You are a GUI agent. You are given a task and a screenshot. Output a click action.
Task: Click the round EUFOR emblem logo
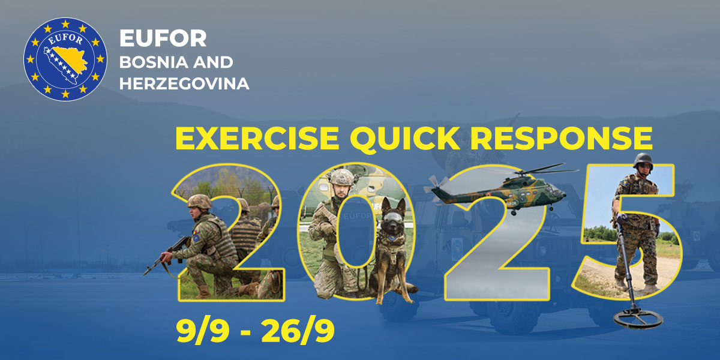[x=65, y=59]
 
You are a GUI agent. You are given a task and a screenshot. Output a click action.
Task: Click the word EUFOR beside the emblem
[x=163, y=38]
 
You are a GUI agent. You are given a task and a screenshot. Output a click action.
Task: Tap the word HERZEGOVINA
[x=184, y=83]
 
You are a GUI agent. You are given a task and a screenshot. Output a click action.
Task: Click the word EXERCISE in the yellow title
[x=257, y=138]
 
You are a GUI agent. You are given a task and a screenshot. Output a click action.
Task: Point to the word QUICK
[x=405, y=139]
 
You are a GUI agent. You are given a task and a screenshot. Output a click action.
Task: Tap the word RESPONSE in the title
[x=562, y=138]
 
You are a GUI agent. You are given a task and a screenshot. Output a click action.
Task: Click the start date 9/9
[x=203, y=331]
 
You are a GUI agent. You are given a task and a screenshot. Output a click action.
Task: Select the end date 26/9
[x=298, y=331]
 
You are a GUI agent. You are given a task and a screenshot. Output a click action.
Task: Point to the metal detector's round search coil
[x=638, y=319]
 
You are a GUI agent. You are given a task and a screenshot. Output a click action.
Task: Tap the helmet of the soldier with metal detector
[x=643, y=160]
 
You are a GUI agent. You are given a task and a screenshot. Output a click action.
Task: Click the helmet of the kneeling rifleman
[x=200, y=202]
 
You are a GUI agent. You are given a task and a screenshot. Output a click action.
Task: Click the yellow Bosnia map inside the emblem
[x=66, y=64]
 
